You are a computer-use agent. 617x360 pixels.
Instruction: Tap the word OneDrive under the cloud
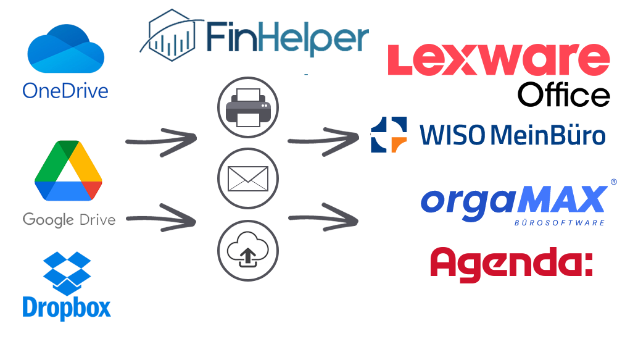[65, 90]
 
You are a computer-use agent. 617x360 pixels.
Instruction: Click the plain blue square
[67, 286]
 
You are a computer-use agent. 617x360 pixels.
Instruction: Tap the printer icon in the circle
[247, 107]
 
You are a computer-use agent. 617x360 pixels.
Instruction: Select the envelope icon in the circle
[247, 179]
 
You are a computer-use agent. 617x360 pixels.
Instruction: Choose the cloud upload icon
[247, 250]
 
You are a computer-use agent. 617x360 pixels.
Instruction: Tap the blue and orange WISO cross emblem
[389, 135]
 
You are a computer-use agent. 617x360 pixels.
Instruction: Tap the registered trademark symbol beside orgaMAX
[613, 182]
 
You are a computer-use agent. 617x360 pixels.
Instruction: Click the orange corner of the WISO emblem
[399, 145]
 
